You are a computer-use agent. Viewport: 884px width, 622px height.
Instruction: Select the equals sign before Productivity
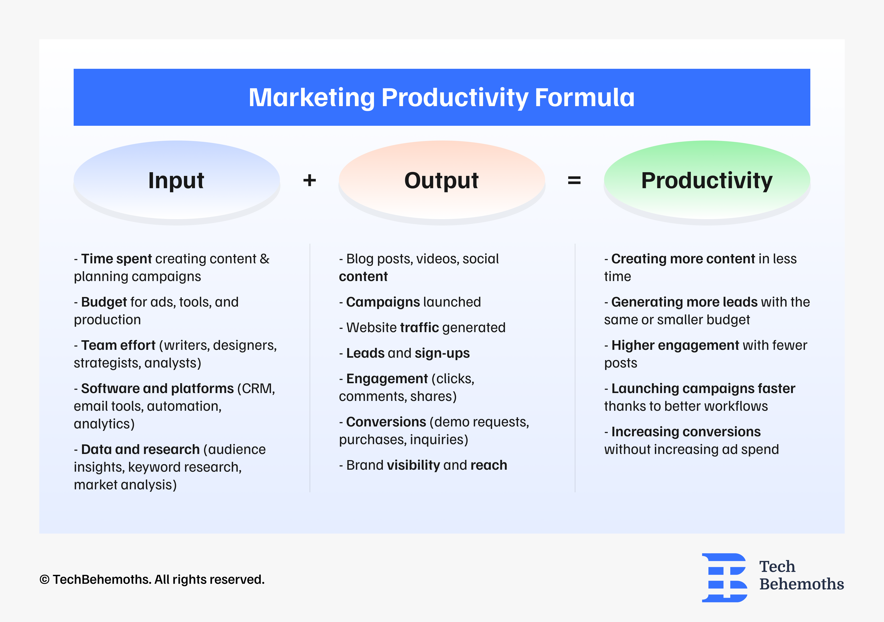pyautogui.click(x=574, y=180)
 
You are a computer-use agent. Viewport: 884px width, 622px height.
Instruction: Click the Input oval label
pyautogui.click(x=176, y=180)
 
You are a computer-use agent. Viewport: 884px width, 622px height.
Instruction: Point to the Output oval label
pyautogui.click(x=441, y=180)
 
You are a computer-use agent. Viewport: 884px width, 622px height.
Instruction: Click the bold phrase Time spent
pyautogui.click(x=116, y=259)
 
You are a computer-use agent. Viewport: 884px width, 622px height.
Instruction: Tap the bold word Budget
pyautogui.click(x=104, y=302)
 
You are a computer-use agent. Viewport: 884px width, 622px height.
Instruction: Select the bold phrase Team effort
pyautogui.click(x=118, y=345)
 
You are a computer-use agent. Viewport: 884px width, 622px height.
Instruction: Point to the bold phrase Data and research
pyautogui.click(x=140, y=450)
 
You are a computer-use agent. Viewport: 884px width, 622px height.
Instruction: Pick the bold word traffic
pyautogui.click(x=419, y=328)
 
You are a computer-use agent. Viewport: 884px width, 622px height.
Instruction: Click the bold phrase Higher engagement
pyautogui.click(x=675, y=345)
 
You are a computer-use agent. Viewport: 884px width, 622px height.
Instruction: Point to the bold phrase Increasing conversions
pyautogui.click(x=686, y=432)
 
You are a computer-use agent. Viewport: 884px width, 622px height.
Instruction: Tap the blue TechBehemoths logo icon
pyautogui.click(x=724, y=578)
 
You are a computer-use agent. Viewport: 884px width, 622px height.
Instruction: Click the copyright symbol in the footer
pyautogui.click(x=45, y=580)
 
